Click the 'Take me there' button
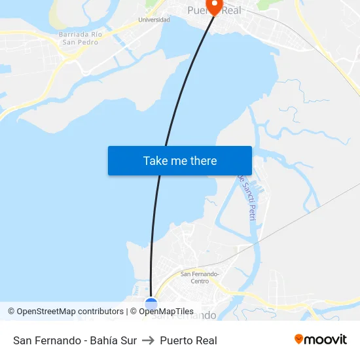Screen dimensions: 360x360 pos(180,161)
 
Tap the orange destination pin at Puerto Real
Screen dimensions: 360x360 pos(213,6)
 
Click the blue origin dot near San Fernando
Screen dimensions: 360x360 pos(151,304)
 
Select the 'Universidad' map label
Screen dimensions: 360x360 pos(154,20)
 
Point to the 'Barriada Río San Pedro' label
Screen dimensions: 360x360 pos(80,38)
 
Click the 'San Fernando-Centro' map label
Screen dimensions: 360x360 pos(200,278)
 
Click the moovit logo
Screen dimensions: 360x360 pos(320,340)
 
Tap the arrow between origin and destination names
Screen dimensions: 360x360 pos(148,340)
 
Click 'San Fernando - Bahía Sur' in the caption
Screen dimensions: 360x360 pos(75,340)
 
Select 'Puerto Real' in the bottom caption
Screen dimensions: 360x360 pos(189,340)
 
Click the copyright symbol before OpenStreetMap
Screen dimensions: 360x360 pos(12,312)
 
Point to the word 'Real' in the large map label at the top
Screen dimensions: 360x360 pos(230,10)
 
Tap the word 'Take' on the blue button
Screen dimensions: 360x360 pos(156,161)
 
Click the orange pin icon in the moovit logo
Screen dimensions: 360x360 pos(299,339)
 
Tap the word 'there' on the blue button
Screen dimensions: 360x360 pos(203,161)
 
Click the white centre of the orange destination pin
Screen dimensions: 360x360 pos(213,3)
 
